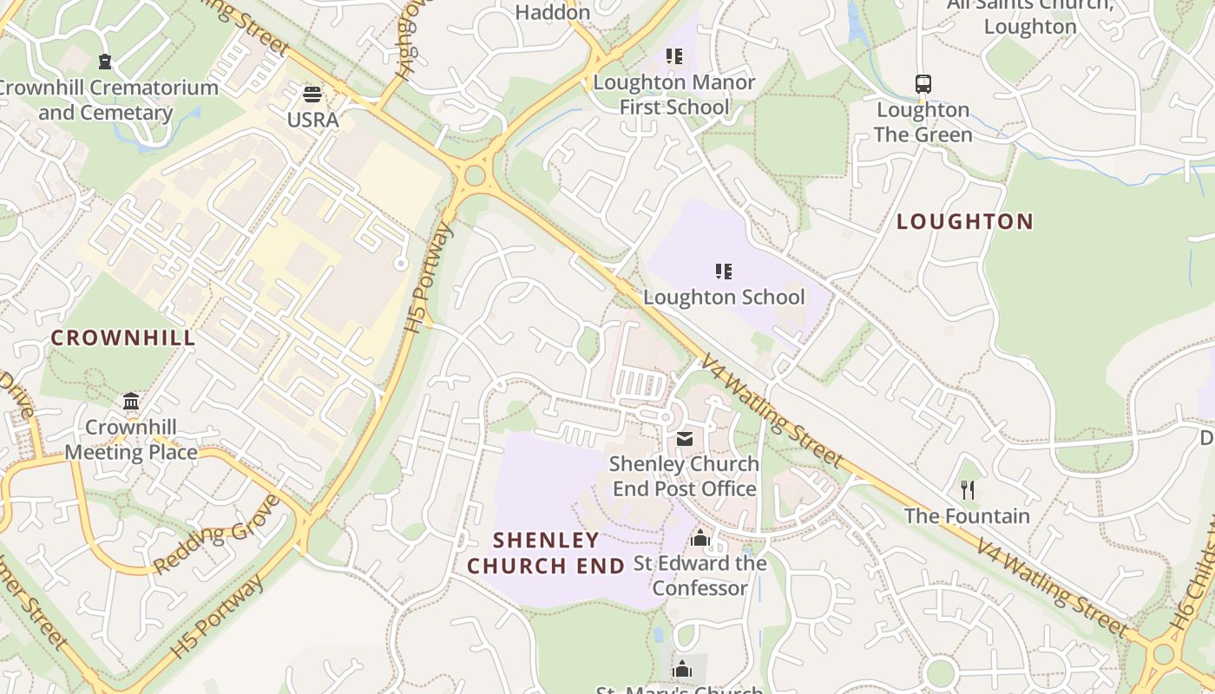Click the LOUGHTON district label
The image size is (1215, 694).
click(x=965, y=222)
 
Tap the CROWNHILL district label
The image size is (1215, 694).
click(x=123, y=338)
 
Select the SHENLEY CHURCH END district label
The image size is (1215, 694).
click(x=546, y=553)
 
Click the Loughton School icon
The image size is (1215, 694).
click(x=723, y=272)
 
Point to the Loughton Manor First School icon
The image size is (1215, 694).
click(x=674, y=57)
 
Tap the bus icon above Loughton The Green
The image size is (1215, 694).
click(x=923, y=84)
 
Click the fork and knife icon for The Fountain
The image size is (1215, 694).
click(x=968, y=490)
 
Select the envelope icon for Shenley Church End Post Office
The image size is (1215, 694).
click(x=685, y=439)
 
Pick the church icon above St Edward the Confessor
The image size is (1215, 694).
click(x=700, y=539)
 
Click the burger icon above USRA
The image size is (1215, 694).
click(x=312, y=95)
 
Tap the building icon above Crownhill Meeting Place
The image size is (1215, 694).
click(x=131, y=402)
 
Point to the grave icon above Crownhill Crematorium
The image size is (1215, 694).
click(x=105, y=62)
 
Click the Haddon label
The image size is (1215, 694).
click(x=553, y=12)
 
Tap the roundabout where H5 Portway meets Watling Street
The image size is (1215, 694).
click(x=474, y=175)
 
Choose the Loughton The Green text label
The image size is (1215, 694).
click(x=923, y=122)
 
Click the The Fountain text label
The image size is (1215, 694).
click(x=967, y=516)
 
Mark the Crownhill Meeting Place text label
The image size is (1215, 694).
click(x=131, y=440)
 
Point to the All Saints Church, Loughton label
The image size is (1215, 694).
click(x=1030, y=16)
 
